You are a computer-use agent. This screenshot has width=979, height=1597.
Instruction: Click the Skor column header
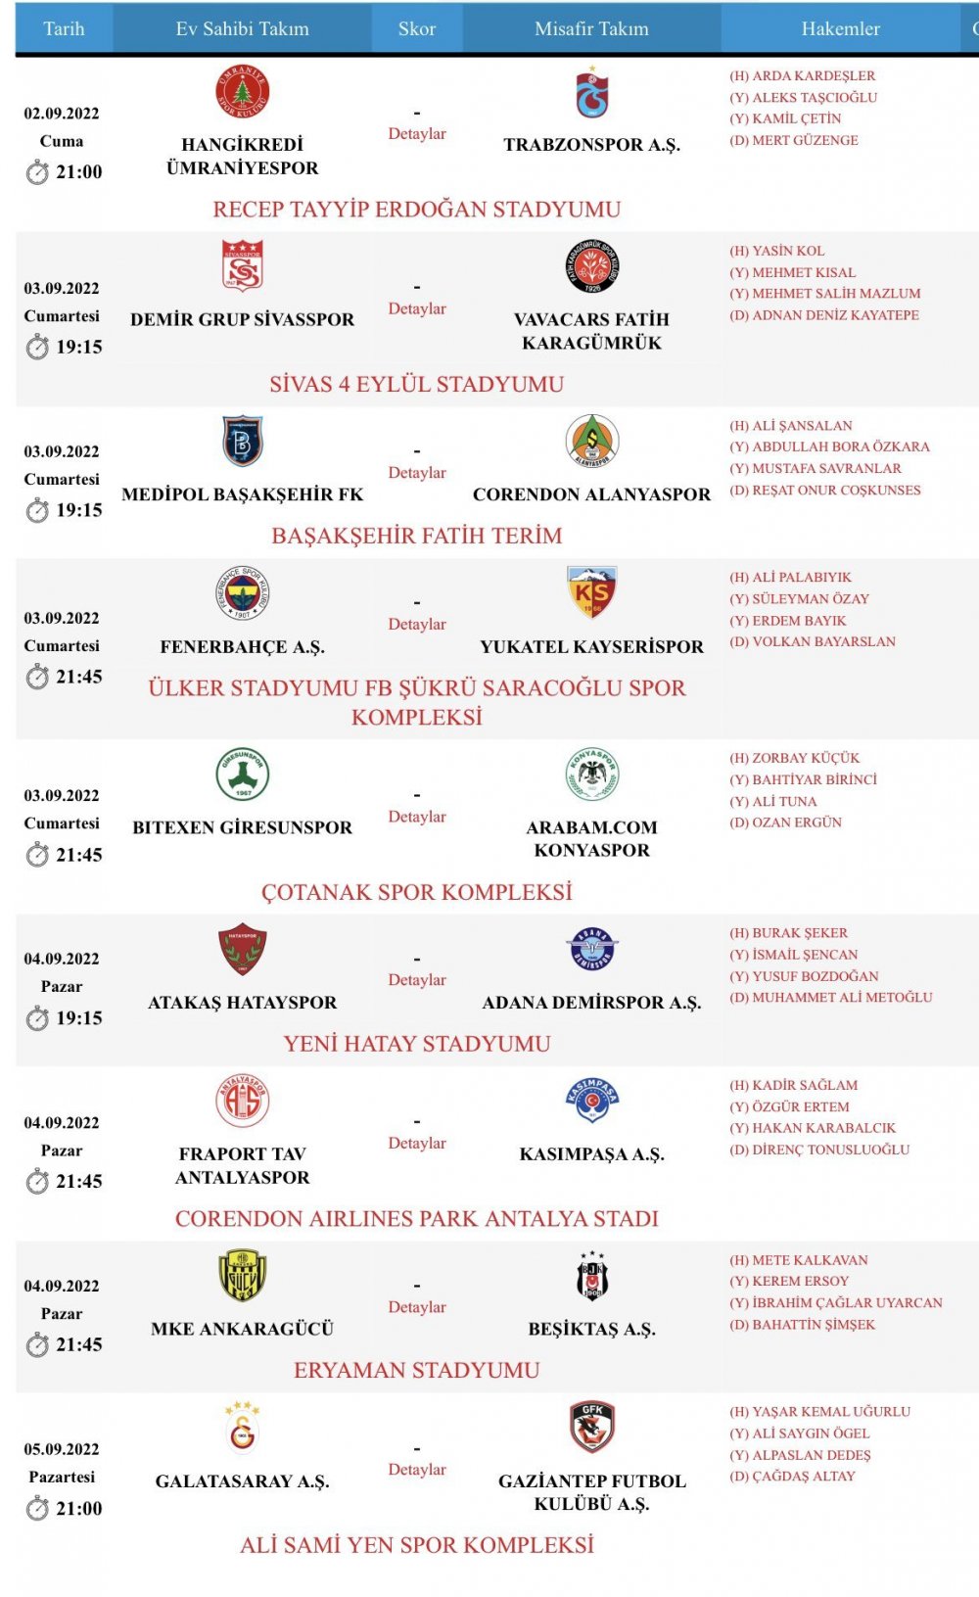point(416,29)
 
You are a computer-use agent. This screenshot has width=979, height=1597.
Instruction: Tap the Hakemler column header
point(840,29)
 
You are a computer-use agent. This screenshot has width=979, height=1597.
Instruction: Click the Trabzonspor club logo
point(591,93)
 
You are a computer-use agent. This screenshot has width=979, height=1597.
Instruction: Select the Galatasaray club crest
point(242,1427)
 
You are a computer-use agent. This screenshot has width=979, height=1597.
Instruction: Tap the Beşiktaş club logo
point(591,1276)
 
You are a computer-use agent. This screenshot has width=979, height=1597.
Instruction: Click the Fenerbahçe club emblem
point(242,593)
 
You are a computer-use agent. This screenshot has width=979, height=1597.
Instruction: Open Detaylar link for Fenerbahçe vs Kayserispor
point(417,624)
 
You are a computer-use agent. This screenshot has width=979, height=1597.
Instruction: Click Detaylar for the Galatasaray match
point(417,1470)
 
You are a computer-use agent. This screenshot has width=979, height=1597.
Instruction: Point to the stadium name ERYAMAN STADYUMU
point(417,1371)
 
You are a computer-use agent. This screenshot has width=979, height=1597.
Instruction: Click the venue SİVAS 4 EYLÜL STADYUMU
point(417,384)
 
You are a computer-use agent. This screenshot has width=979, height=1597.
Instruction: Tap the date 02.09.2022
point(62,114)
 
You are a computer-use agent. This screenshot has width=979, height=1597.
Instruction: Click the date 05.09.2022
point(62,1449)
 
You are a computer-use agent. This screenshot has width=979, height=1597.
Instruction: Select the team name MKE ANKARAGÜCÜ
point(242,1329)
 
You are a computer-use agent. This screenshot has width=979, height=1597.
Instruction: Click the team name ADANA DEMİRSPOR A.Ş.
point(591,1003)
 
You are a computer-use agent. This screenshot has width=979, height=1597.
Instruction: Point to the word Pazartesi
point(62,1477)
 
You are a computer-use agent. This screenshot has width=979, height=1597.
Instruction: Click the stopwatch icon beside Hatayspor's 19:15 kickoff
point(37,1019)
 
